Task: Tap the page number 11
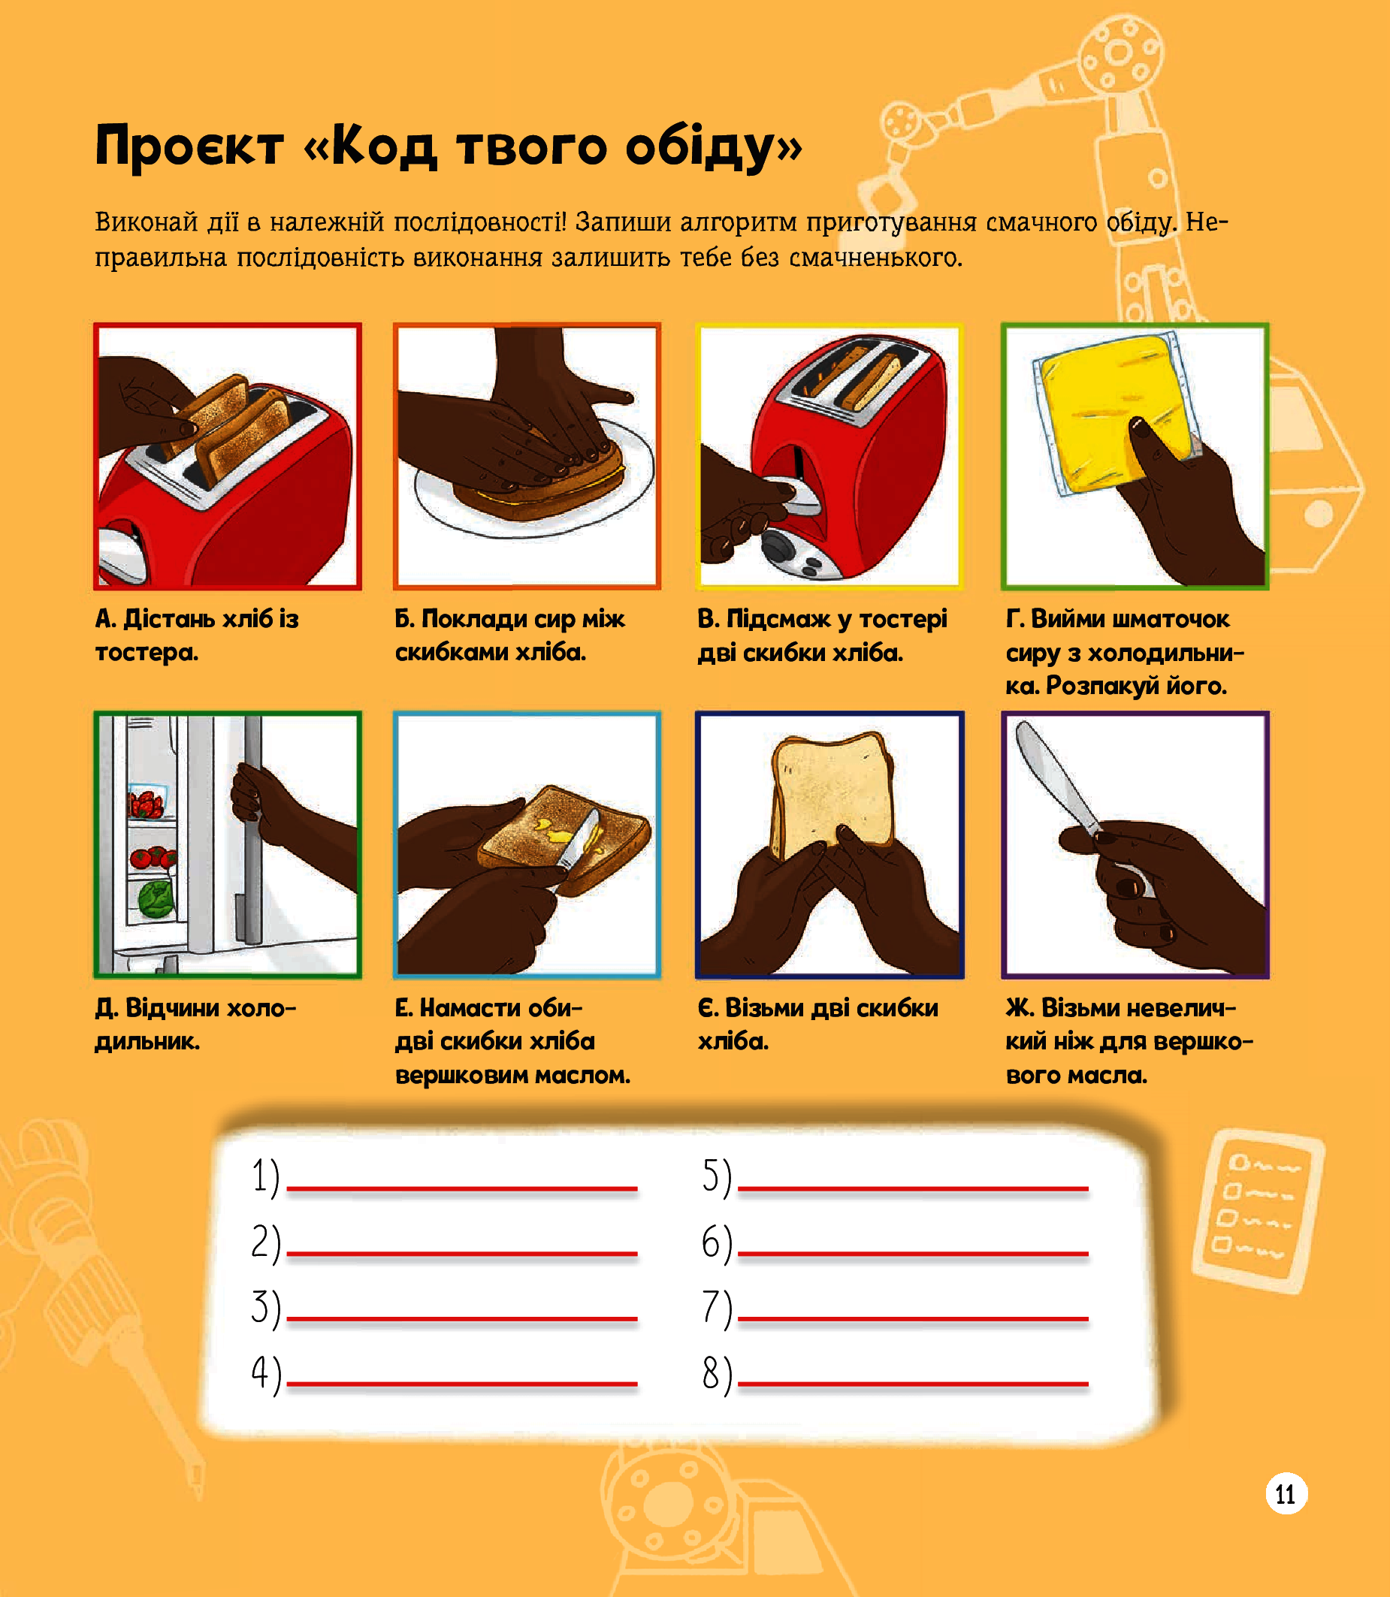point(1286,1494)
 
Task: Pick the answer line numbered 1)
point(461,1188)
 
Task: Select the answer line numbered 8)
point(912,1383)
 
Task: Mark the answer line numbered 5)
point(912,1188)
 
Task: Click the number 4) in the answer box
point(265,1374)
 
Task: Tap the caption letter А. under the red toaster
point(106,619)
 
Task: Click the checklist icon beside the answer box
point(1257,1210)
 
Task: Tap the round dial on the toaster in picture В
point(777,545)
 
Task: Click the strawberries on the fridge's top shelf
point(146,805)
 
